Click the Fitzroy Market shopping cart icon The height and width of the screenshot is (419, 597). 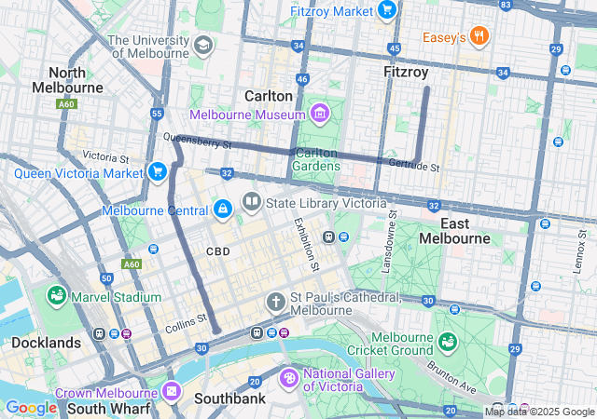coord(388,10)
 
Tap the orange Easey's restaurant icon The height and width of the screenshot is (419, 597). coord(479,36)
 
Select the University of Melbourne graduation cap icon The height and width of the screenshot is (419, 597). coord(202,45)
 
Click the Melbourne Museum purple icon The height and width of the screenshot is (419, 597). coord(320,114)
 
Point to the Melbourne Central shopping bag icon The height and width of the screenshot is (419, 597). coord(222,209)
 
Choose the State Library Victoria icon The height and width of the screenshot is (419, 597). coord(251,202)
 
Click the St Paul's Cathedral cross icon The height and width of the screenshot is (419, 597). coord(275,301)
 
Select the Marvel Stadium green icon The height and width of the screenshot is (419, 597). coord(57,296)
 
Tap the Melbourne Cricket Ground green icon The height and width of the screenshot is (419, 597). coord(448,342)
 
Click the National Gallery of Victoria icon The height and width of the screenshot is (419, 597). coord(289,379)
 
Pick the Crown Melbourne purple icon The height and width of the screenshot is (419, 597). coord(171,392)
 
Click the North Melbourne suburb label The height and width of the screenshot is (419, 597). coord(68,80)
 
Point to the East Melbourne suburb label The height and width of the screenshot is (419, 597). coord(453,231)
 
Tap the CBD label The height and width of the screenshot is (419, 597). coord(218,251)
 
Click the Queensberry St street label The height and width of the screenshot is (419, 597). coord(197,142)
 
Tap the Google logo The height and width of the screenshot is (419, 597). coord(32,407)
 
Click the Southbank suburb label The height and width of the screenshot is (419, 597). coord(229,399)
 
